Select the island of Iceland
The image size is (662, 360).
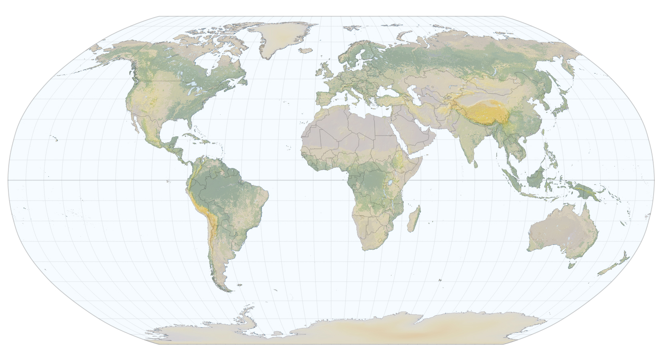(305, 51)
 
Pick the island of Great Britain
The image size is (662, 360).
(327, 71)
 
